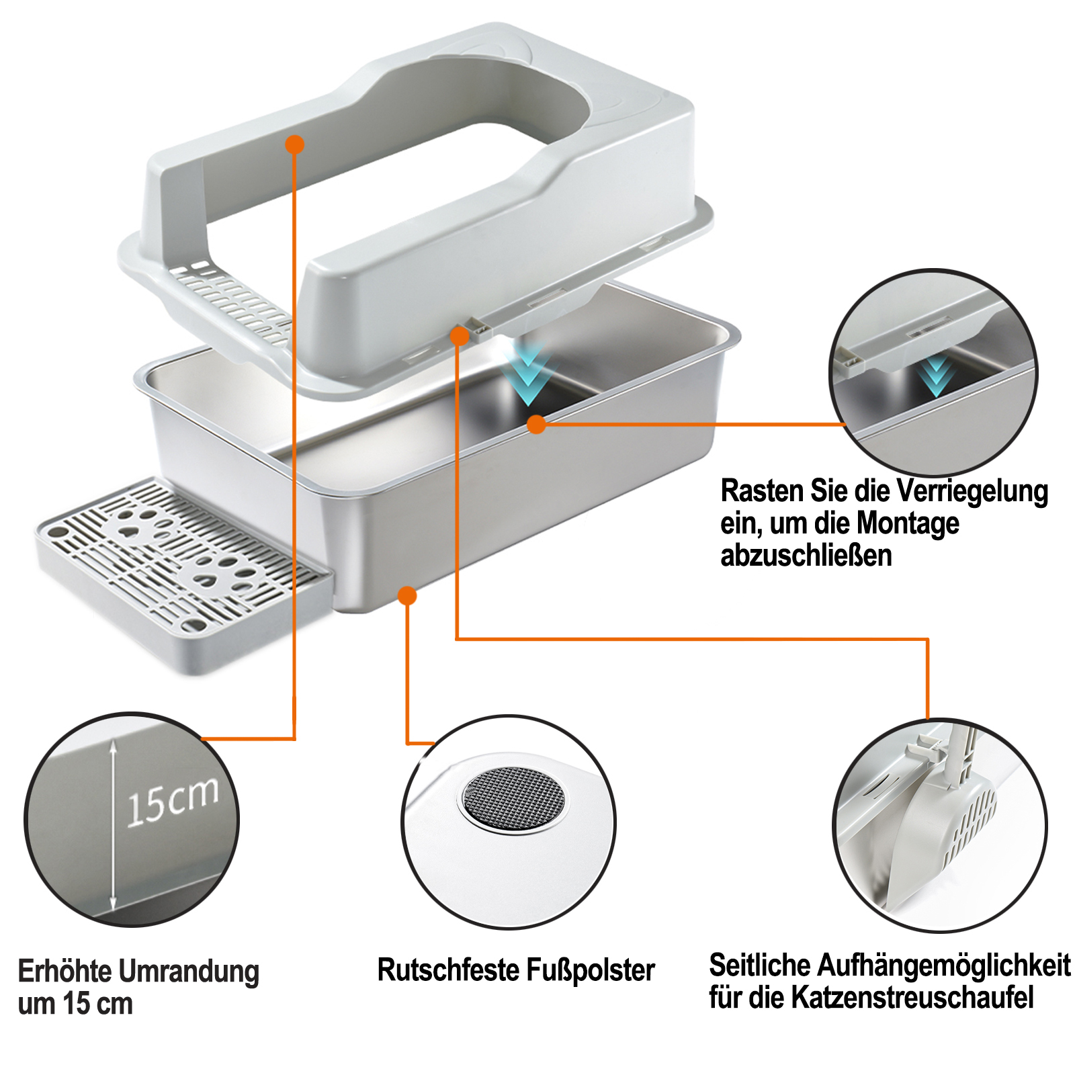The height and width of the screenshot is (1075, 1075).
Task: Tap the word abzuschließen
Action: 806,556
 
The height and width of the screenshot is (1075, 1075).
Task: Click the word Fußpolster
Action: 591,970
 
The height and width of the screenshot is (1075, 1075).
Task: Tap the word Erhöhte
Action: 64,972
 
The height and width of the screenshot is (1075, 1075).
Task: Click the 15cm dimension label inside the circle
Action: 173,802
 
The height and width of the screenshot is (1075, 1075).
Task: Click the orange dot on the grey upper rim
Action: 294,144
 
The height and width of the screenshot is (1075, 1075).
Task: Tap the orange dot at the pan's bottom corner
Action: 407,595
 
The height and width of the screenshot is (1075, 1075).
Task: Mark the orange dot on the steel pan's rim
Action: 536,425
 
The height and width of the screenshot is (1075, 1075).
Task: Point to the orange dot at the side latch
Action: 460,336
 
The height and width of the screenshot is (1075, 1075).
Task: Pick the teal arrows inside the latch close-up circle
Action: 936,376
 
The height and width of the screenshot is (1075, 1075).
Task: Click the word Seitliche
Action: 750,965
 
